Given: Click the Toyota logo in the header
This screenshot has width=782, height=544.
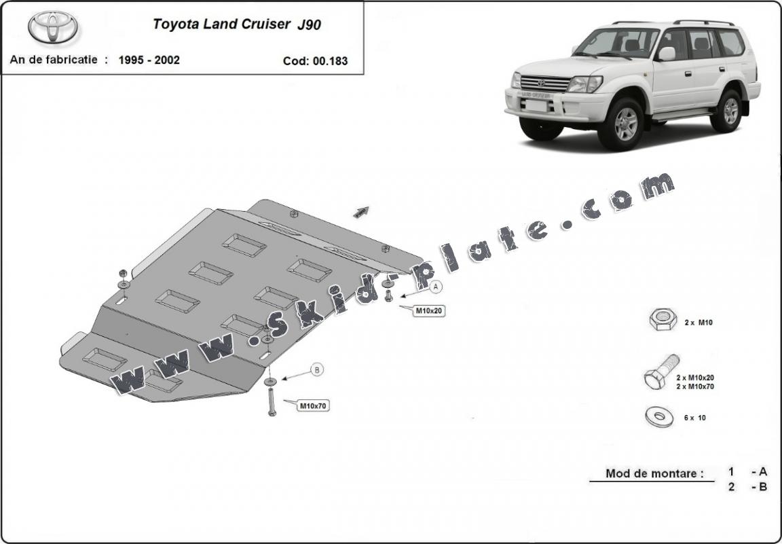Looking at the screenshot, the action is (x=53, y=27).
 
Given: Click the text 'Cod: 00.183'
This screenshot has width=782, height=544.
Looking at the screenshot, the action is (x=315, y=61).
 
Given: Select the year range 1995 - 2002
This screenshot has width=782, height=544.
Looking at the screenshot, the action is (x=149, y=60).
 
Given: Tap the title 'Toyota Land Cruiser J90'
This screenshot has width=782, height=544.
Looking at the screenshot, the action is (x=237, y=24).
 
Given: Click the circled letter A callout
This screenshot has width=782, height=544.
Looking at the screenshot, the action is (x=436, y=287).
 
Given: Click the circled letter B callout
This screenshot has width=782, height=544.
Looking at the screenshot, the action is (x=317, y=370).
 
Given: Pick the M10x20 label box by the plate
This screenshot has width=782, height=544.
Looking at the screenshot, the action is (x=429, y=311).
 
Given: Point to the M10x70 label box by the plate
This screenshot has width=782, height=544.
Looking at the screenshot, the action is (x=313, y=405).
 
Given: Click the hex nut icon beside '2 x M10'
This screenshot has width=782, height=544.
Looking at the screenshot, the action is (x=663, y=319).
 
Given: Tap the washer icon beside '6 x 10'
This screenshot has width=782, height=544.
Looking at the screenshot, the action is (x=659, y=416).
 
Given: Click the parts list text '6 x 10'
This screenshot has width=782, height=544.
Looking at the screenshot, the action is (x=694, y=418).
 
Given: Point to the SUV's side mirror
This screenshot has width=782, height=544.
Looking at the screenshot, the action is (x=666, y=54).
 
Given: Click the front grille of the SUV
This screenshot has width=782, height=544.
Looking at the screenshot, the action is (x=544, y=83).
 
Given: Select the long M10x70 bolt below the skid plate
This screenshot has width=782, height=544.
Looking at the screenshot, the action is (x=272, y=401).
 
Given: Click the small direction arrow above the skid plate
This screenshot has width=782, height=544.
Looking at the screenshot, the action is (x=361, y=212).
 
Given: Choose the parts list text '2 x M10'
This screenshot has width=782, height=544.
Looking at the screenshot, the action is (x=699, y=323).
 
